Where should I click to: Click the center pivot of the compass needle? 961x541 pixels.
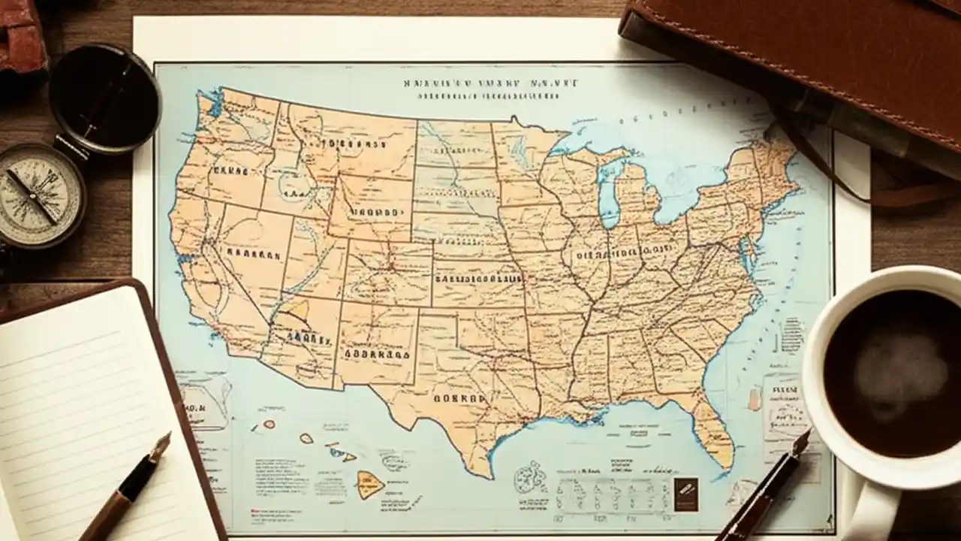click(x=32, y=196)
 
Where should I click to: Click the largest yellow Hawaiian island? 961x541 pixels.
click(x=369, y=484)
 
